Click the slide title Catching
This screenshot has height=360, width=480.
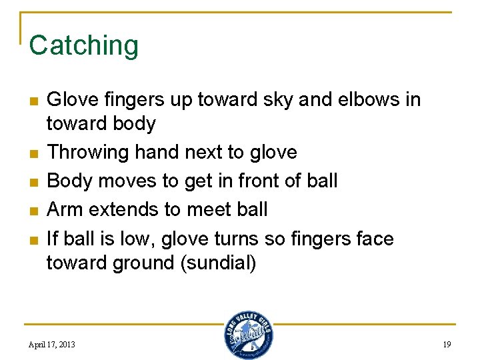coord(84,45)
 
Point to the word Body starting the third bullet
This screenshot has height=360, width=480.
coord(67,181)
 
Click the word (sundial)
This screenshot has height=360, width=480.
coord(218,263)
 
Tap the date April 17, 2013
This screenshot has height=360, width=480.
coord(52,344)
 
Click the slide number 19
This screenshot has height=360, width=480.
coord(447,344)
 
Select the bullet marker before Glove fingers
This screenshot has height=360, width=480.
coord(31,101)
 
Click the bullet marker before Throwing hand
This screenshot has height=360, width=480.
coord(31,153)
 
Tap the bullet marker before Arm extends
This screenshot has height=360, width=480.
coord(31,211)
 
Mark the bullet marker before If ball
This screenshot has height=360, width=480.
coord(31,239)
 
